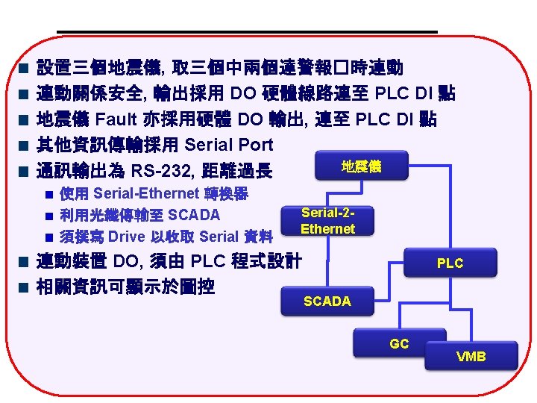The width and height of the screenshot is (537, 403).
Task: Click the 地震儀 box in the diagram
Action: pyautogui.click(x=361, y=166)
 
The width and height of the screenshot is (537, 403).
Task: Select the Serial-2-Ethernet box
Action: pyautogui.click(x=327, y=221)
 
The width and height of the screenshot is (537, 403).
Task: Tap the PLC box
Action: pyautogui.click(x=450, y=263)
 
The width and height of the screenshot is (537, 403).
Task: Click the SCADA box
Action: pyautogui.click(x=327, y=301)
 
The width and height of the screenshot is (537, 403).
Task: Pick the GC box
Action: pyautogui.click(x=399, y=344)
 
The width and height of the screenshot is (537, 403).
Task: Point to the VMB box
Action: pyautogui.click(x=471, y=356)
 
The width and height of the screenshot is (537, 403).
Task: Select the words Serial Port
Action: pyautogui.click(x=228, y=144)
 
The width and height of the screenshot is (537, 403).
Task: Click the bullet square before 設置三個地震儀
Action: pyautogui.click(x=24, y=69)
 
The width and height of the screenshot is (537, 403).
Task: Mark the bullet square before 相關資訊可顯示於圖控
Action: pyautogui.click(x=24, y=287)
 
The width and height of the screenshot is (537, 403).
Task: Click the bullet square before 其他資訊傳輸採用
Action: pyautogui.click(x=24, y=145)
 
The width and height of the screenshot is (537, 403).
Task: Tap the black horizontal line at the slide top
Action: pyautogui.click(x=246, y=31)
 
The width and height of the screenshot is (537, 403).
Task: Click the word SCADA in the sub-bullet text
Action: pyautogui.click(x=194, y=216)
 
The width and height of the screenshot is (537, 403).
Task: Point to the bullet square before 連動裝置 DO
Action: pyautogui.click(x=24, y=262)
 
